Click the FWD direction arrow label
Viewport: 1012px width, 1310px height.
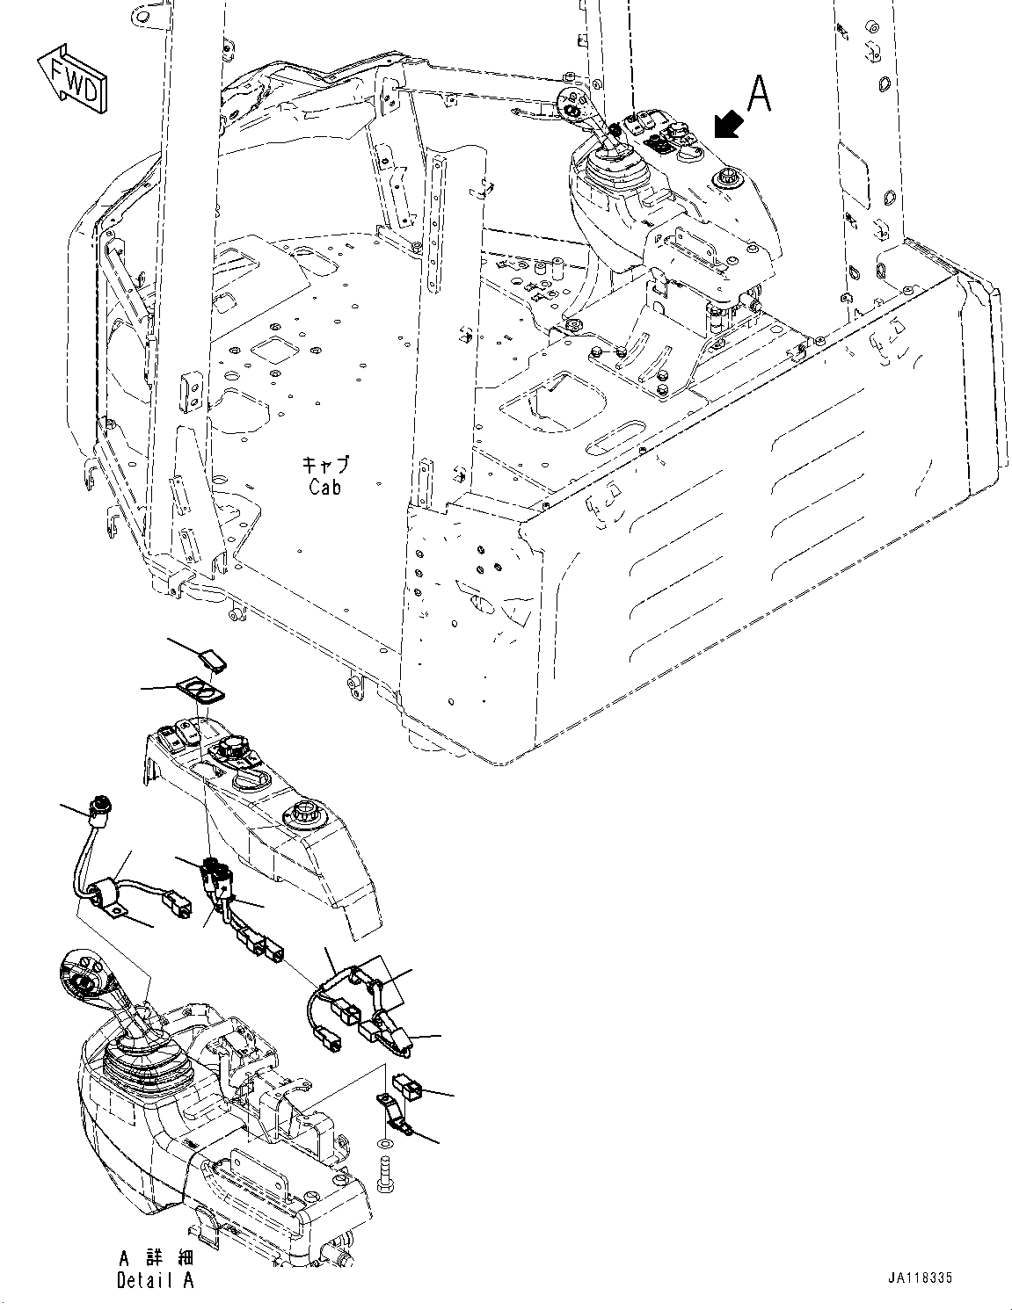73,80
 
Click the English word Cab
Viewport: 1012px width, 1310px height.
324,486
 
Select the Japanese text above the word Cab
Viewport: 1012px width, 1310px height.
324,464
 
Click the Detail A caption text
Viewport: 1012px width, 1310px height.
155,1280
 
